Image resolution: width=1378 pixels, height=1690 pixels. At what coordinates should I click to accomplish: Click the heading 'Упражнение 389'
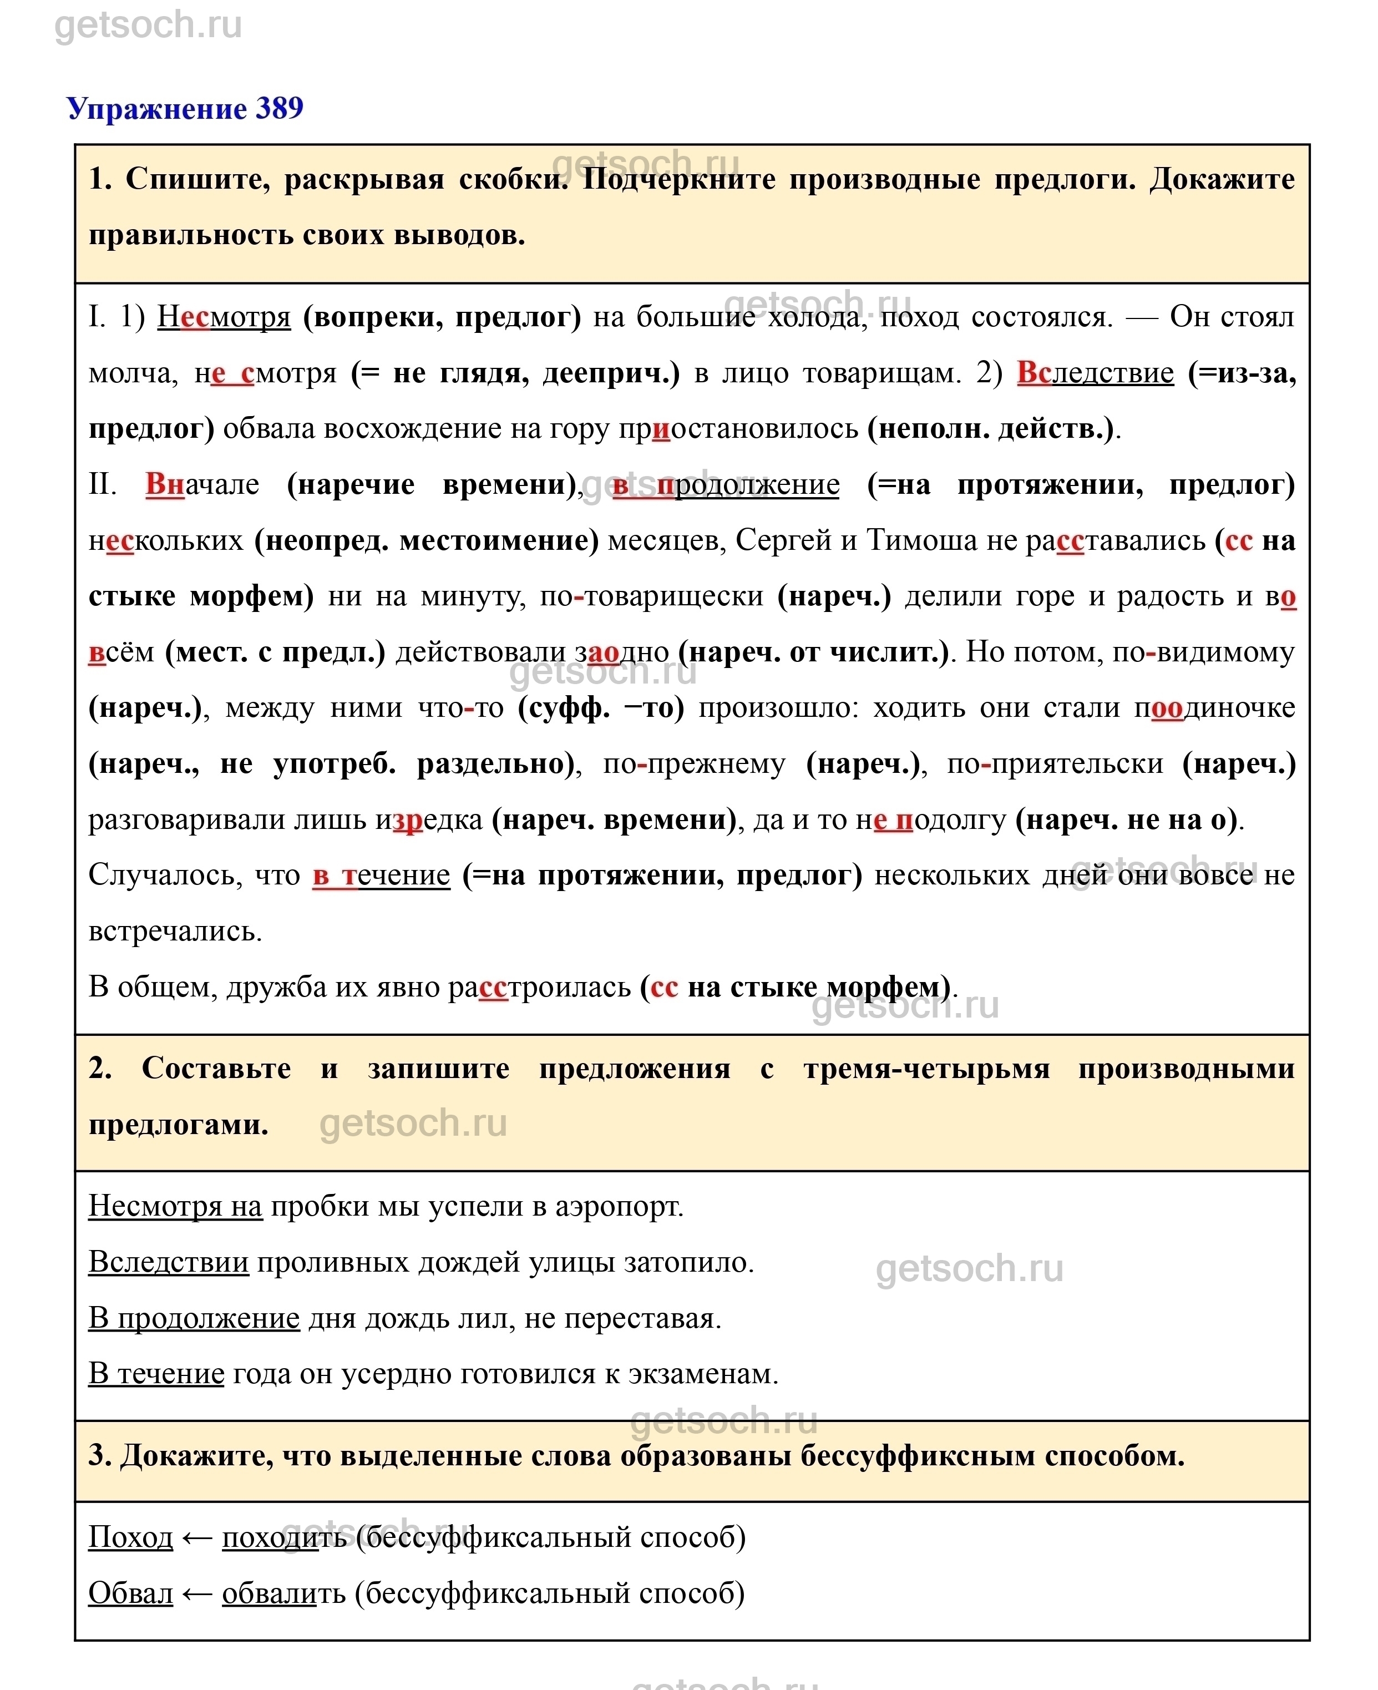click(x=184, y=109)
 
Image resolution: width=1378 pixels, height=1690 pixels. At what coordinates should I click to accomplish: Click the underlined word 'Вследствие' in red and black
click(x=1095, y=372)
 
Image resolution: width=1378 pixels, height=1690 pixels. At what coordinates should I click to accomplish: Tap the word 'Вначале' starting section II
click(x=202, y=484)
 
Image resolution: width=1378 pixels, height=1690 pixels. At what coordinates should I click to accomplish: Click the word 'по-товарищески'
click(x=651, y=596)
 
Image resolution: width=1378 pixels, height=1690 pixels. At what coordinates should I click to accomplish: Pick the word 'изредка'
click(x=429, y=819)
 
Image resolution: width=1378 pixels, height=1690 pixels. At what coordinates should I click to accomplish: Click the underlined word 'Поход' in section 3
click(x=130, y=1537)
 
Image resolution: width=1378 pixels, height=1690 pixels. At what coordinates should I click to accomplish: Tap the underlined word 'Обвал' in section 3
click(x=130, y=1593)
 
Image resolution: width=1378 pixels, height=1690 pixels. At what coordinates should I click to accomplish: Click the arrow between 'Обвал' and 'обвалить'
click(x=197, y=1593)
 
